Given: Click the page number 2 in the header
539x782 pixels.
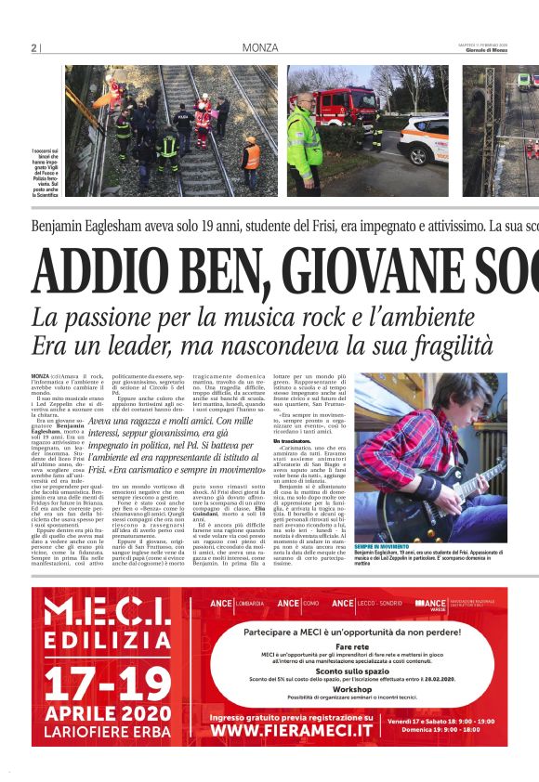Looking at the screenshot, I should (x=33, y=47).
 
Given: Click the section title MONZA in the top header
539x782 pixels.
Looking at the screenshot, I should (x=259, y=47).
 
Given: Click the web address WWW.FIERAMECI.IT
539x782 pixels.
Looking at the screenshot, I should (x=291, y=730).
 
